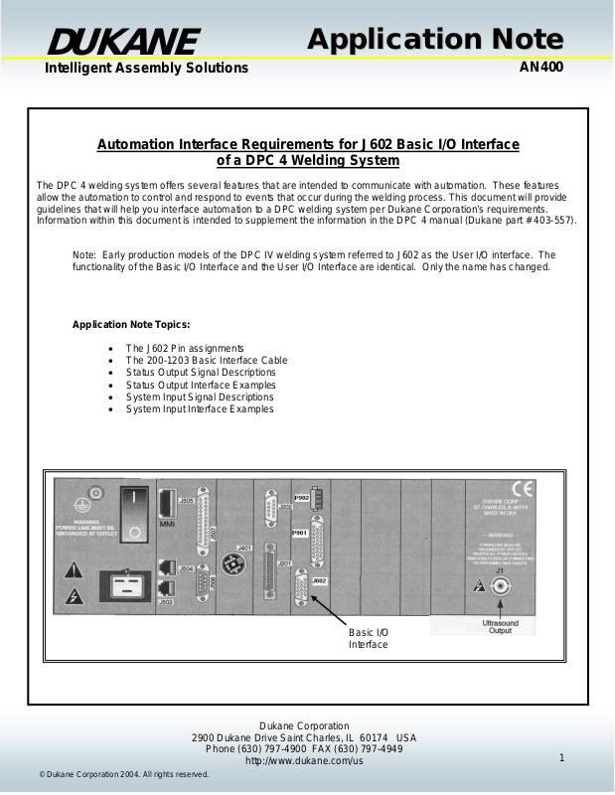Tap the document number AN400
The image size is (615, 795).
(x=541, y=69)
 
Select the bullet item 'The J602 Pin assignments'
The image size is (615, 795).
(x=184, y=348)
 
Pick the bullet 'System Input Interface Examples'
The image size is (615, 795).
(x=199, y=409)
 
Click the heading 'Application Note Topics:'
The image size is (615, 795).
(x=131, y=325)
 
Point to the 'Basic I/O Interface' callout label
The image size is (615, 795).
(x=368, y=638)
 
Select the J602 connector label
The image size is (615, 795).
(x=319, y=579)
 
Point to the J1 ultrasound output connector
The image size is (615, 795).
(x=500, y=586)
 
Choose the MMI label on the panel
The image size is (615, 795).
(x=167, y=526)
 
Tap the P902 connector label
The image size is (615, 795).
(x=301, y=496)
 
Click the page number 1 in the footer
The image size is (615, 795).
(x=561, y=759)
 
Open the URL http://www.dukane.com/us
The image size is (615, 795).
(x=303, y=760)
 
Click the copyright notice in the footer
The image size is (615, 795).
(x=123, y=774)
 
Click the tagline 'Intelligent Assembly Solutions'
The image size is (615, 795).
(x=146, y=69)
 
